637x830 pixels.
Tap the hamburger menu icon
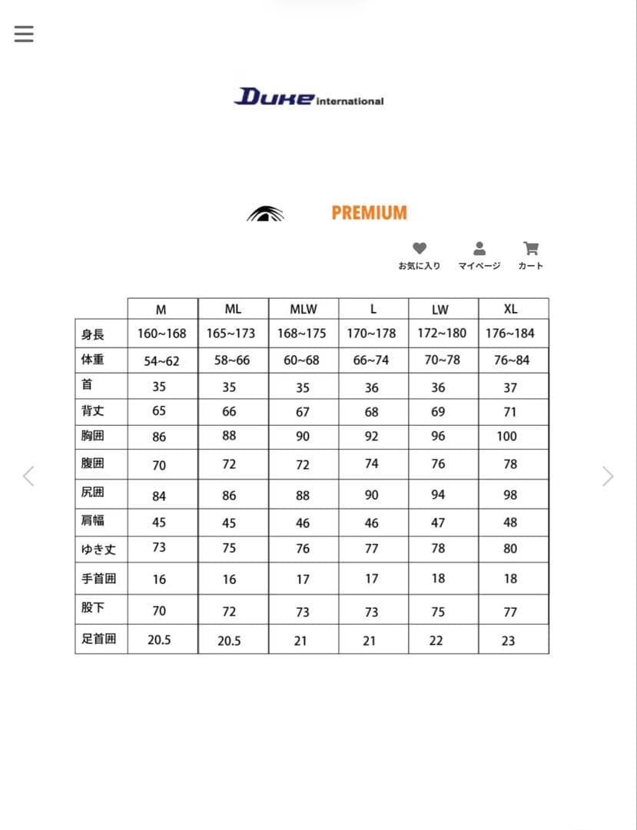click(24, 34)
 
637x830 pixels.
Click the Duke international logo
click(309, 98)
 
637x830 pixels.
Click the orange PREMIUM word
click(369, 213)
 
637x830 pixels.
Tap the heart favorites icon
click(419, 249)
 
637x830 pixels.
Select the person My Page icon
click(479, 249)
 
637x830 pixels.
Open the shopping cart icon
click(530, 249)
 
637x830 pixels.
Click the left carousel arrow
click(28, 476)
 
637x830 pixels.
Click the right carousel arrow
click(608, 476)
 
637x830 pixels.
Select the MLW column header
click(303, 310)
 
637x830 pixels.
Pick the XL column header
click(510, 309)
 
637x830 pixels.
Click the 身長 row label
click(93, 334)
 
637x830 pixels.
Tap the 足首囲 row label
click(99, 639)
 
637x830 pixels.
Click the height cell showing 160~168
click(161, 334)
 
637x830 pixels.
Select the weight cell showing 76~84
click(512, 360)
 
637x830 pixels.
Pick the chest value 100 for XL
click(507, 437)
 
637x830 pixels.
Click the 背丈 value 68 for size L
click(372, 412)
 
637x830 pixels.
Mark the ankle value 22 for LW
click(436, 640)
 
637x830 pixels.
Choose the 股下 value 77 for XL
click(510, 612)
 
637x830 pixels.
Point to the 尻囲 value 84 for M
click(159, 496)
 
